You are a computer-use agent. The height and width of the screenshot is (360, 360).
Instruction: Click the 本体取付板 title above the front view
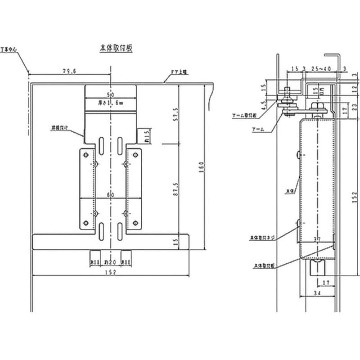click(116, 46)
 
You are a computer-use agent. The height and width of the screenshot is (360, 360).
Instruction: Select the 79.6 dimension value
click(69, 71)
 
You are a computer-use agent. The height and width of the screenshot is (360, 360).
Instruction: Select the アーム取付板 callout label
click(243, 116)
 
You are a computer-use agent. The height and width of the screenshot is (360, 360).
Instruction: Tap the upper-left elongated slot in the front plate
click(102, 144)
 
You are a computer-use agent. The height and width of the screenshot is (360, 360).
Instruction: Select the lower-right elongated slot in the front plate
click(120, 231)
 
